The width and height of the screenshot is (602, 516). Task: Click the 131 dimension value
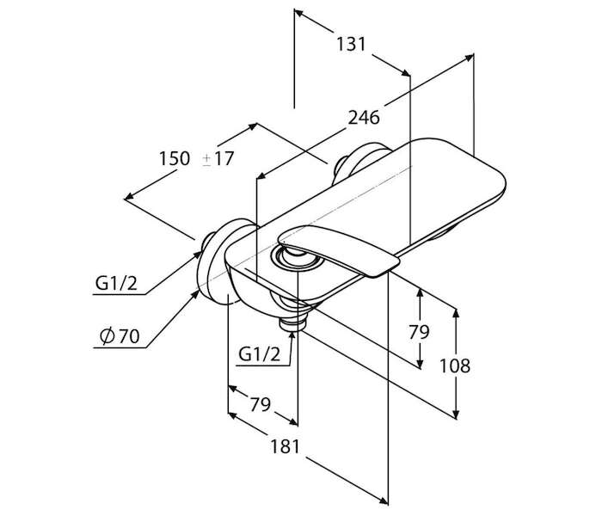click(x=351, y=44)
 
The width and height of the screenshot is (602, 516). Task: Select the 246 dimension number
click(x=364, y=117)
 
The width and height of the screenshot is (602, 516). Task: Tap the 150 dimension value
click(x=175, y=158)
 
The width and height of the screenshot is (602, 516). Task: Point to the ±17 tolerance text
click(x=218, y=158)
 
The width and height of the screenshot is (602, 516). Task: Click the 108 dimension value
click(x=455, y=365)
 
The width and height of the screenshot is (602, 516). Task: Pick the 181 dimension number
click(x=285, y=446)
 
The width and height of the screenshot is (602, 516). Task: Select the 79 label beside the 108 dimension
click(x=419, y=332)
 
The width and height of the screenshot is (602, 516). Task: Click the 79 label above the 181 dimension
click(x=261, y=404)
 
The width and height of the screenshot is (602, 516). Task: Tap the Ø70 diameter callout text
click(x=120, y=336)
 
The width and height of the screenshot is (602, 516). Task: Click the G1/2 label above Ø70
click(x=116, y=284)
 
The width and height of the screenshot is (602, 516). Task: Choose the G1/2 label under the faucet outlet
click(x=260, y=354)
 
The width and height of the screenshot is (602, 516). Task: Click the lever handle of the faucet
click(x=339, y=249)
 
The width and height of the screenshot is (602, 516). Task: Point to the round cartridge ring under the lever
click(x=298, y=260)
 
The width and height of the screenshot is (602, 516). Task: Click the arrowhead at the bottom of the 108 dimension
click(x=456, y=415)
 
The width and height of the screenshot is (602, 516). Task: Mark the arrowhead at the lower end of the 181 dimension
click(x=383, y=500)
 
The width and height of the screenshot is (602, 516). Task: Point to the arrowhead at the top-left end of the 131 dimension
click(x=299, y=14)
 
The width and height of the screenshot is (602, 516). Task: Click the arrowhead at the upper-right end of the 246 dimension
click(x=469, y=58)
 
